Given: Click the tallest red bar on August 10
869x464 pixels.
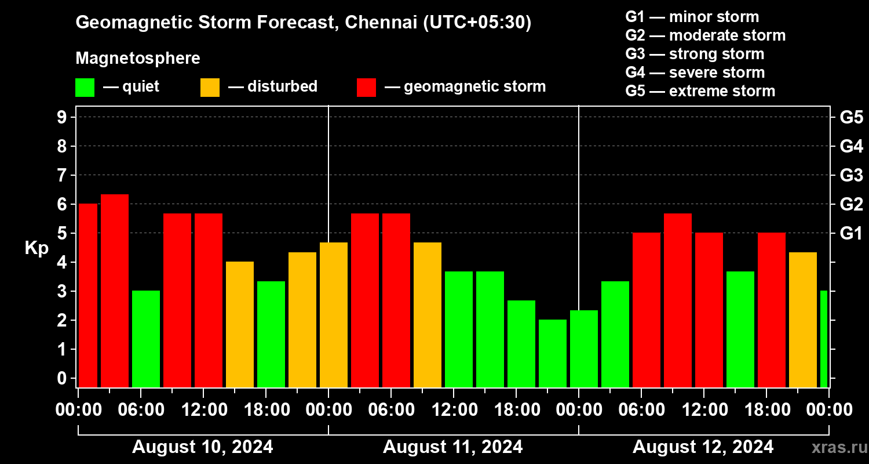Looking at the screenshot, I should (115, 290).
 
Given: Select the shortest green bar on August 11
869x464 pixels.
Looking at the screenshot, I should (553, 353).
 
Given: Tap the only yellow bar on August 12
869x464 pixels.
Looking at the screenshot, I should (803, 320).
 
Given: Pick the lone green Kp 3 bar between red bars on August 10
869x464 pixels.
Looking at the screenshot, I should (146, 339).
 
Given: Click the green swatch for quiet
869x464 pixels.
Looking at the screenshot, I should (85, 87).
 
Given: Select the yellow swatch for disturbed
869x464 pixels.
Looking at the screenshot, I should (210, 87).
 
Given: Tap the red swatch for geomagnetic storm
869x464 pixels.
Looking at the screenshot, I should (366, 87).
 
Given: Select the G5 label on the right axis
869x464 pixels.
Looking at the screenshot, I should (851, 118).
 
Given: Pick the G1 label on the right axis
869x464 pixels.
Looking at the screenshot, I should (851, 234).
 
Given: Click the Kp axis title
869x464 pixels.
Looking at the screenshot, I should (36, 248).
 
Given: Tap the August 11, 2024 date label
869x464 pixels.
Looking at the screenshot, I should (452, 447).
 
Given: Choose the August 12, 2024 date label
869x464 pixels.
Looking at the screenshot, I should (703, 447).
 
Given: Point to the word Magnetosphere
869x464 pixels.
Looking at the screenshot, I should (138, 59).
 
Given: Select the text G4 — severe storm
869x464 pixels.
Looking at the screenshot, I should (695, 72).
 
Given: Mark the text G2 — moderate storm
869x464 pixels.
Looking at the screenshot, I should (706, 35).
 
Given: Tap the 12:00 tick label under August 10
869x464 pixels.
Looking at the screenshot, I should (204, 409).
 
